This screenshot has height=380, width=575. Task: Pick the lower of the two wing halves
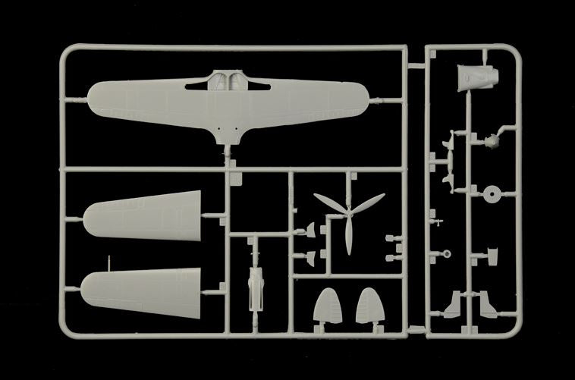point(144,289)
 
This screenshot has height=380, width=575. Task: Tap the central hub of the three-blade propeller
point(348,214)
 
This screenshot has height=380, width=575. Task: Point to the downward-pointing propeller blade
point(348,238)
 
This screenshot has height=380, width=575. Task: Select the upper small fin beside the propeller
point(310,231)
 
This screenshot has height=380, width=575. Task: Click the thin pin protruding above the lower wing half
point(109,262)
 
